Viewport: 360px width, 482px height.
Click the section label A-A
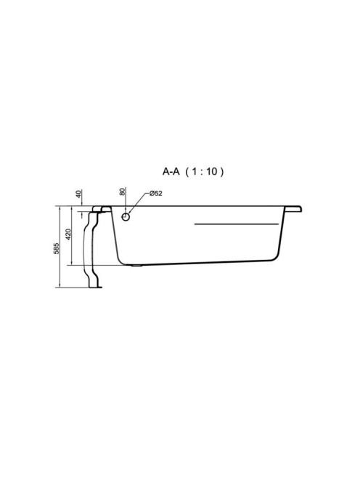click(171, 171)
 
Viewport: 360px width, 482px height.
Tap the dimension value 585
click(57, 248)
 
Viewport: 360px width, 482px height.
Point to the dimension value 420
click(68, 234)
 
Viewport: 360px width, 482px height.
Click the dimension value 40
click(78, 194)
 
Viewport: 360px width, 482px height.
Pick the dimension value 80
click(123, 192)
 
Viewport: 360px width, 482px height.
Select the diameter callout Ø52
click(155, 194)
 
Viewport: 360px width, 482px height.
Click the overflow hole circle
click(126, 217)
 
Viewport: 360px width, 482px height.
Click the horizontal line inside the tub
click(237, 224)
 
